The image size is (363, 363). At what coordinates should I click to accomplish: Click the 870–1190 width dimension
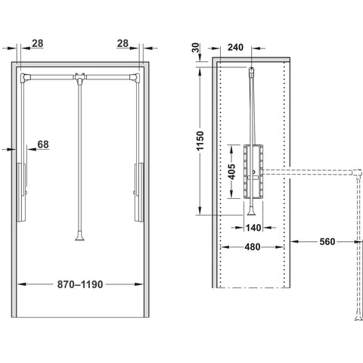80,284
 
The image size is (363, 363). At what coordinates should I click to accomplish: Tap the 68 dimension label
43,144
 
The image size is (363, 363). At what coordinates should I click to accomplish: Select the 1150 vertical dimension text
200,141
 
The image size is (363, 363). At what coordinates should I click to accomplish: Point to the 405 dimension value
231,172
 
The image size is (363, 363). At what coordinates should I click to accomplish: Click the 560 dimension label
327,241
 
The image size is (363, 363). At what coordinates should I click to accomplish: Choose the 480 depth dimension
253,247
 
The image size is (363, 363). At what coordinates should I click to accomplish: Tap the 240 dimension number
235,47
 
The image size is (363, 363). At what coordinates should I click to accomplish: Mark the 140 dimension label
253,228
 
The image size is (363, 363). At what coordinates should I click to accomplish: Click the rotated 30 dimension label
196,48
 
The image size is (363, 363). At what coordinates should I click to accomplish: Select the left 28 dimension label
38,43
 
